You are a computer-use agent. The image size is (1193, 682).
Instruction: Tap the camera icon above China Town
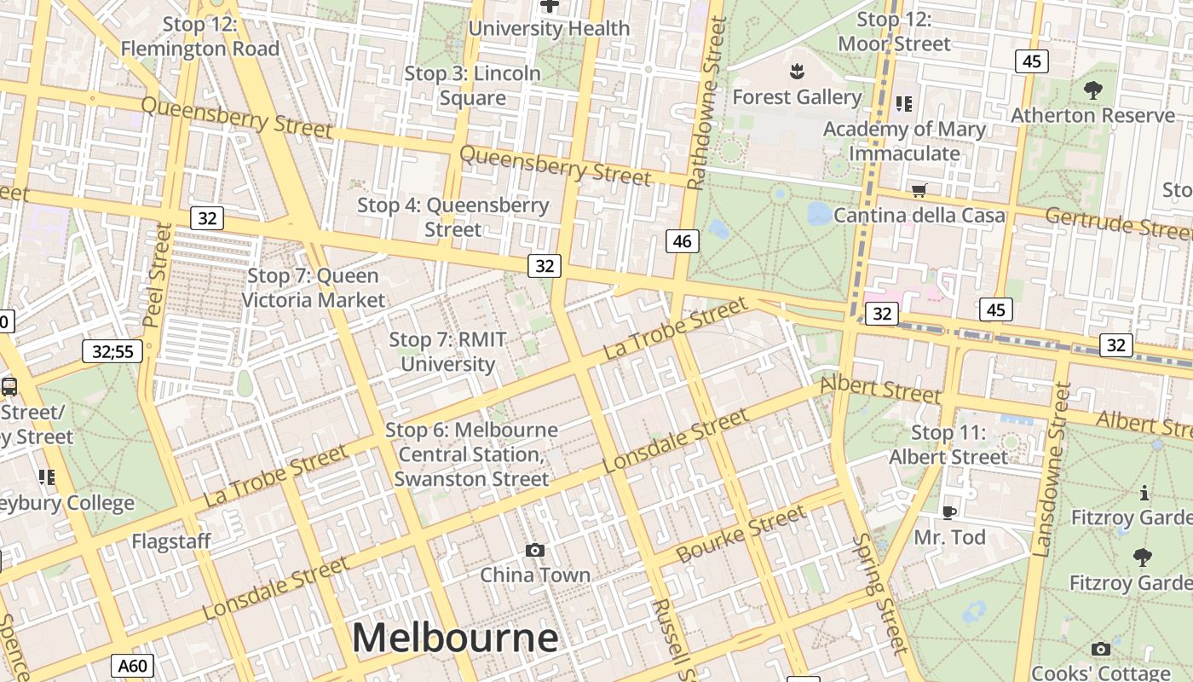click(x=534, y=550)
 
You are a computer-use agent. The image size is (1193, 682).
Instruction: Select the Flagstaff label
click(x=171, y=541)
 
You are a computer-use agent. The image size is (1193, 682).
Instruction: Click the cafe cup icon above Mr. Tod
click(x=948, y=512)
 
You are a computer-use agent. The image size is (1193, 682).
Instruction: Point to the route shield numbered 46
click(x=682, y=241)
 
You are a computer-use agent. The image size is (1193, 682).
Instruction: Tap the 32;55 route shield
click(x=112, y=350)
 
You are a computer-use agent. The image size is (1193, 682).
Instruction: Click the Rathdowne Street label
click(x=706, y=102)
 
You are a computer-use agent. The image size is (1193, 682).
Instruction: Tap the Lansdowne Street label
click(x=1051, y=470)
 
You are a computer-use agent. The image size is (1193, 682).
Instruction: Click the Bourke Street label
click(x=741, y=534)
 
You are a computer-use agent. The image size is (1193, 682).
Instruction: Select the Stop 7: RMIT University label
click(x=447, y=351)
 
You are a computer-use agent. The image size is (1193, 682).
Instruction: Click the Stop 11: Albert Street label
click(x=948, y=445)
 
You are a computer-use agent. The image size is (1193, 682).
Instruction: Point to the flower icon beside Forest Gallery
click(x=797, y=69)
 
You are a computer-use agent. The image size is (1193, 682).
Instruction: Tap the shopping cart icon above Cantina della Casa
click(x=919, y=190)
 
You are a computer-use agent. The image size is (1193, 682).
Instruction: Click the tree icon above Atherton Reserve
click(x=1092, y=90)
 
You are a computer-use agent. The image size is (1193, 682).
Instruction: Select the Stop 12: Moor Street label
click(x=894, y=32)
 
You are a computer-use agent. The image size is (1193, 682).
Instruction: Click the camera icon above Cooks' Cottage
click(x=1101, y=649)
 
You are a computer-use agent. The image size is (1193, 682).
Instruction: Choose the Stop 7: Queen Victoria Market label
click(x=314, y=288)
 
